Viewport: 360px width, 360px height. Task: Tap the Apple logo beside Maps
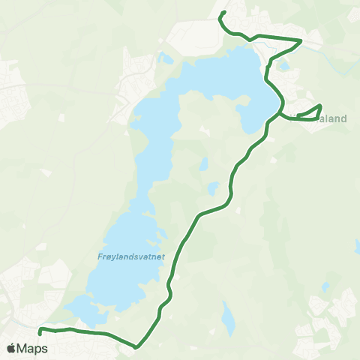pos(10,349)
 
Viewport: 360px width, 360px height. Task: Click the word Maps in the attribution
pos(32,349)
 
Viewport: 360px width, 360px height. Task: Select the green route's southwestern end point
pos(40,333)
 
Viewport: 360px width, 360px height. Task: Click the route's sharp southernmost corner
pos(136,346)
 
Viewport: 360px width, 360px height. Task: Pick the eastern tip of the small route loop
pos(321,106)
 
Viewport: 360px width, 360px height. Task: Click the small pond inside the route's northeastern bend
pos(286,65)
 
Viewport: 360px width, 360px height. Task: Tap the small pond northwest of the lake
pos(165,58)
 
